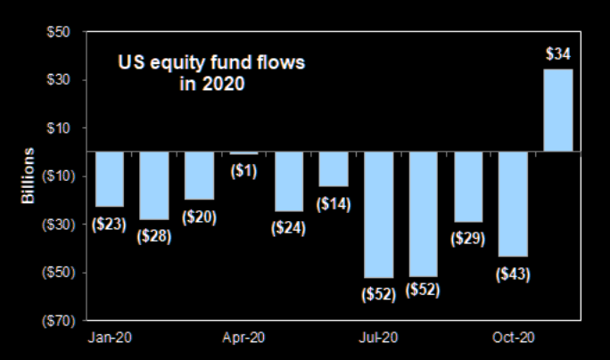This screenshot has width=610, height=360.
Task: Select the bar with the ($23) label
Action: point(109,178)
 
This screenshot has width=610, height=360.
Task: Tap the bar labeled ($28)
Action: point(153,185)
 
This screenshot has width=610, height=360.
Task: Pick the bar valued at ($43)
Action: point(513,203)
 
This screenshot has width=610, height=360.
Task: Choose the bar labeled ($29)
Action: point(468,186)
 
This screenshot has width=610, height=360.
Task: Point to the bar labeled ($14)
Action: point(334,168)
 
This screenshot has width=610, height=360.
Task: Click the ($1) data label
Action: point(243,171)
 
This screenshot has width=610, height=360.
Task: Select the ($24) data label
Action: point(289,227)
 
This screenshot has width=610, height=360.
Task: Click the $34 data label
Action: point(558,53)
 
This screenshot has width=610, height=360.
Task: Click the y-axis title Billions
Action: point(29,176)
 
